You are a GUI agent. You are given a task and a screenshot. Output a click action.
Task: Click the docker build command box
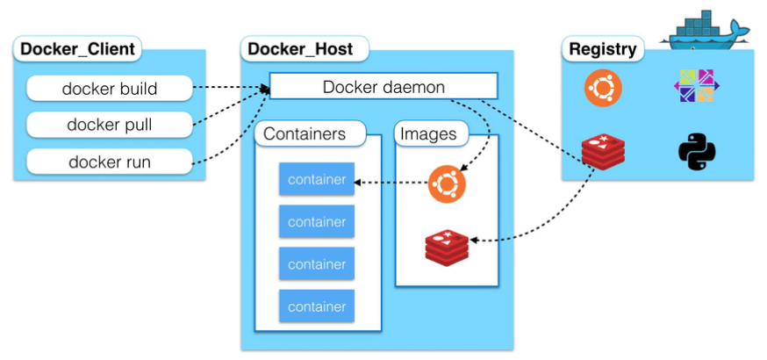(x=109, y=88)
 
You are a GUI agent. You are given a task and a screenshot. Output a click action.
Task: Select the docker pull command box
(x=109, y=125)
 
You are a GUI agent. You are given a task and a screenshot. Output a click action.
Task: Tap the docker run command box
(x=109, y=162)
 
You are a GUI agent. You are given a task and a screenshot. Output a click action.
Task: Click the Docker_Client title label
(x=77, y=49)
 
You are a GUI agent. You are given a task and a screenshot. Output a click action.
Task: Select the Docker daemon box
(x=383, y=86)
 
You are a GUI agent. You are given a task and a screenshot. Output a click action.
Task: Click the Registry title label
(x=603, y=49)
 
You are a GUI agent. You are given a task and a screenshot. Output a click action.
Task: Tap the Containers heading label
(x=304, y=134)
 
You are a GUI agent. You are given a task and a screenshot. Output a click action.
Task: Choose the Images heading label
(x=428, y=134)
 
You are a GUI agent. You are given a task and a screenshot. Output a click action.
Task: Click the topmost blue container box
(x=317, y=180)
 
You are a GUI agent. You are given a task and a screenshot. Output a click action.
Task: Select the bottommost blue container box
(x=317, y=306)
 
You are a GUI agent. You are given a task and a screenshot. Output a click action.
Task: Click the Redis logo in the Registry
(x=603, y=151)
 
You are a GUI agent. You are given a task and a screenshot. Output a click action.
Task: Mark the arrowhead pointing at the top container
(x=360, y=183)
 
